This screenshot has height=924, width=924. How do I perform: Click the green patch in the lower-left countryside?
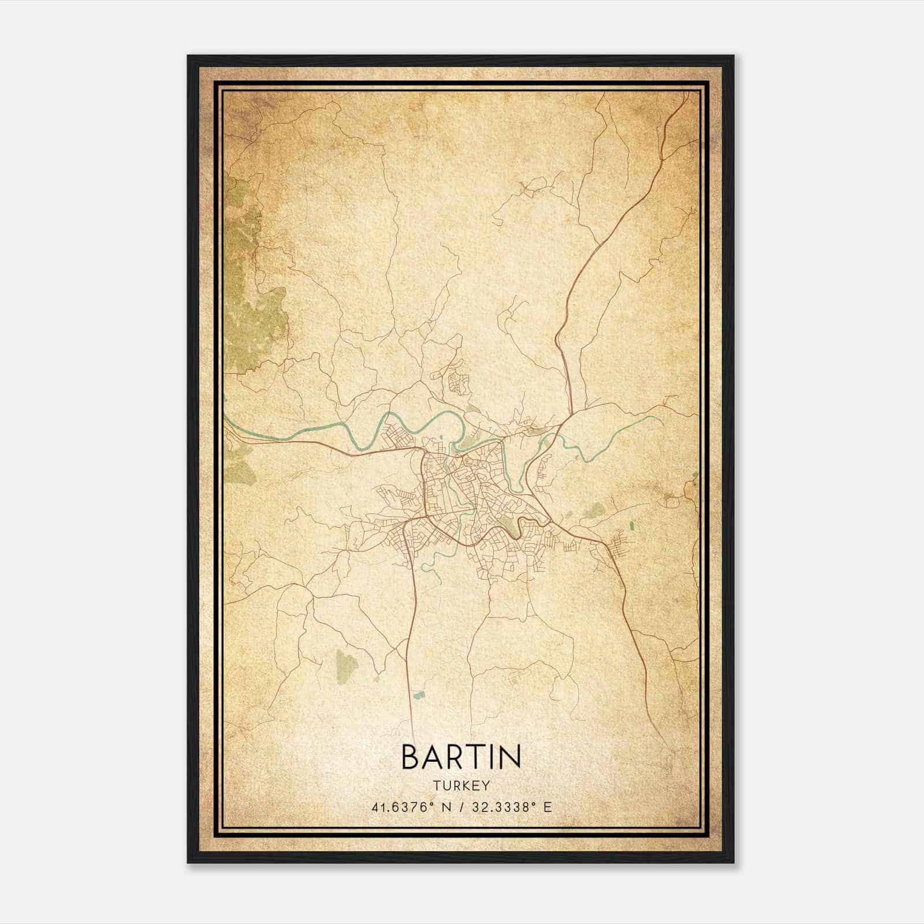[346, 664]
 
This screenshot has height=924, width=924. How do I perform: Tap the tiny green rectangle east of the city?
[631, 526]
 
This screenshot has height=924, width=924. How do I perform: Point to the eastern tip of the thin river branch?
[662, 420]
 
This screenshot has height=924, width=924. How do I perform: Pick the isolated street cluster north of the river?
[460, 382]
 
